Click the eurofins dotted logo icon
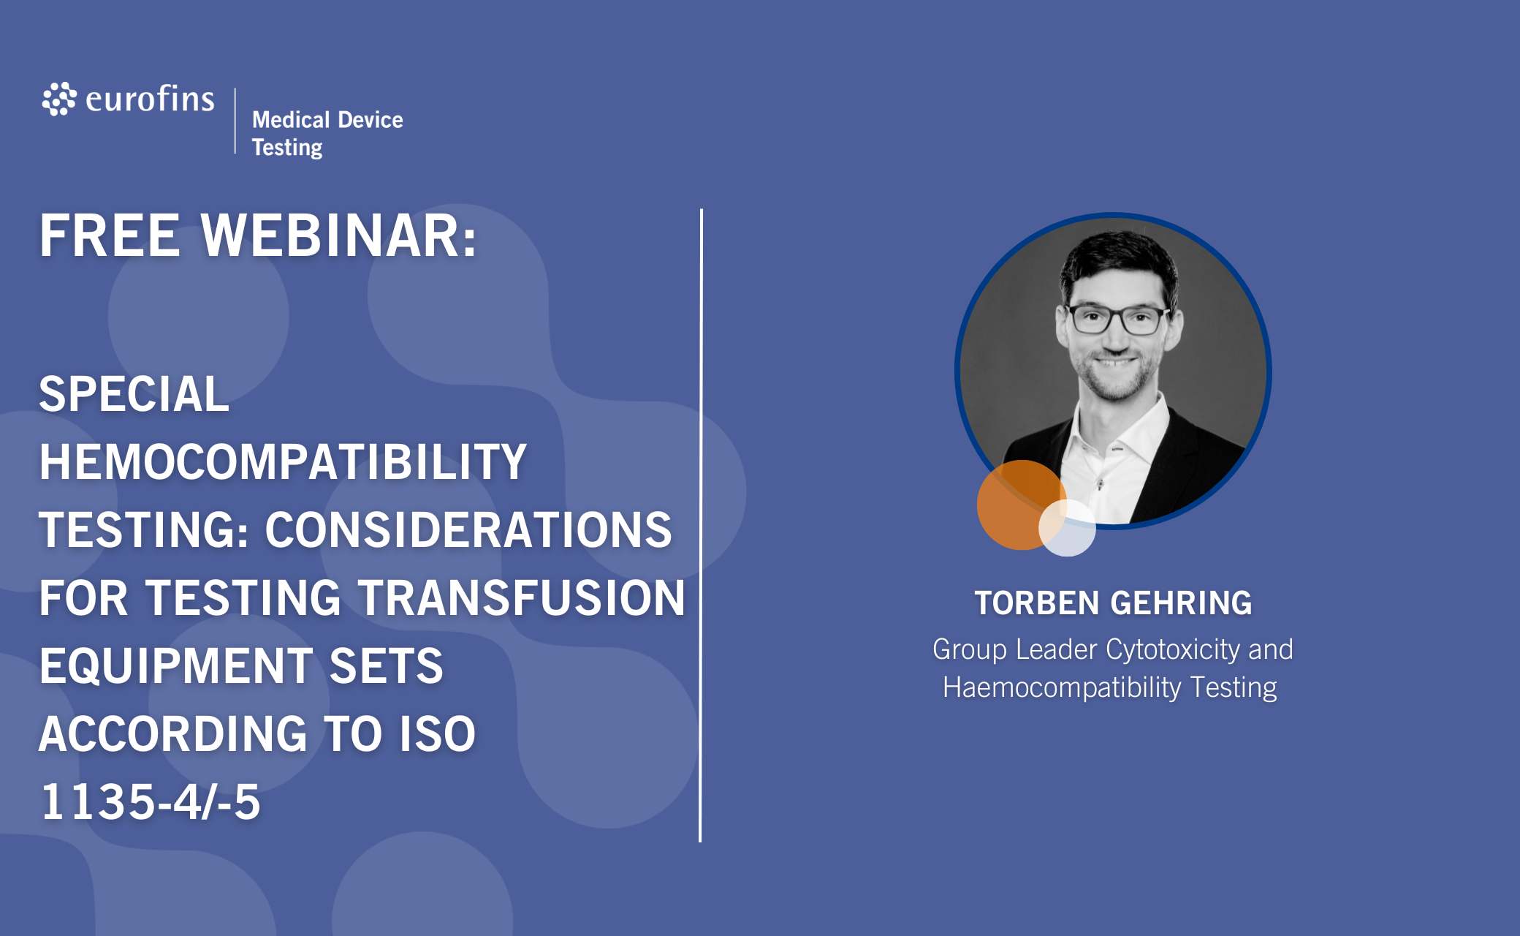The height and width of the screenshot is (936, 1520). pos(59,99)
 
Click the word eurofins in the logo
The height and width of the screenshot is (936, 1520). pos(150,99)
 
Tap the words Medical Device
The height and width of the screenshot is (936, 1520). pos(327,119)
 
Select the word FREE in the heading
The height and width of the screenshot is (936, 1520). pos(110,235)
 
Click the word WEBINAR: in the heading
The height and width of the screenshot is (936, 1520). pos(339,235)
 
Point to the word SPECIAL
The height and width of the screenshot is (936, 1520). pos(134,394)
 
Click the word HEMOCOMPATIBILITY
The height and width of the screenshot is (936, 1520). pos(283,461)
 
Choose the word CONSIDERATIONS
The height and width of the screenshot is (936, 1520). pos(468,529)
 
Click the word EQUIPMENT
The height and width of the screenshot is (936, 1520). pos(176,665)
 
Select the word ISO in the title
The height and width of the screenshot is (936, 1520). pos(437,733)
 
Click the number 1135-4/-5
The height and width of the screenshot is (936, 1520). pos(151,801)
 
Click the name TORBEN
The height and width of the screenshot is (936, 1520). pos(1037,603)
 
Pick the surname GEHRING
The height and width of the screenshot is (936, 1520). pos(1181,603)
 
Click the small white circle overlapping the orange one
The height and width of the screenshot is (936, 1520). pos(1067,528)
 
